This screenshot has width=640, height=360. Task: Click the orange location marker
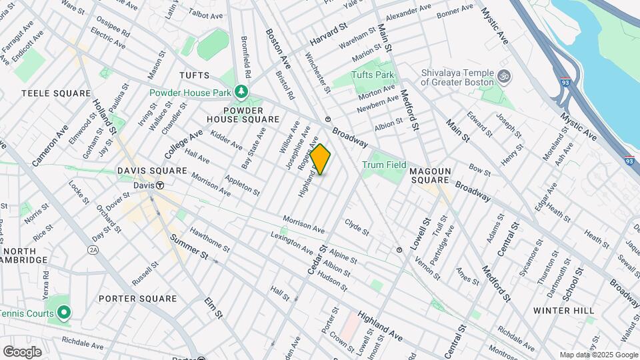click(x=321, y=159)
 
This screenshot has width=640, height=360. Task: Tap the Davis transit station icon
click(x=160, y=185)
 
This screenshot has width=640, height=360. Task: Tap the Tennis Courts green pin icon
click(x=63, y=312)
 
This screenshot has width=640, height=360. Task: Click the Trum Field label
click(x=384, y=165)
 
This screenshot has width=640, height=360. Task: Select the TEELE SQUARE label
click(x=56, y=93)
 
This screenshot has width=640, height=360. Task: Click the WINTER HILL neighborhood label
click(x=564, y=311)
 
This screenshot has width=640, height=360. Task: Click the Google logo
click(x=22, y=351)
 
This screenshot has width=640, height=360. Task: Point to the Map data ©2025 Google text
click(x=598, y=355)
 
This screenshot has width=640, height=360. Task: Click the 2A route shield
click(x=93, y=249)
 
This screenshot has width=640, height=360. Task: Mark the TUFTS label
click(x=194, y=75)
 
